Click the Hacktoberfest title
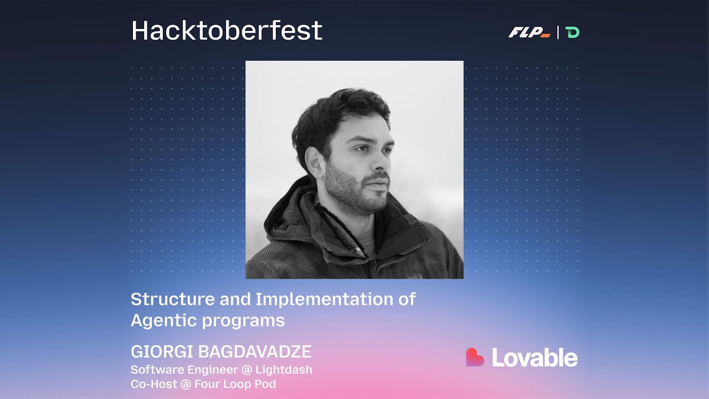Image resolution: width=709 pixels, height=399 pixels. pyautogui.click(x=227, y=31)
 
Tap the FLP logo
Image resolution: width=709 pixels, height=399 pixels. pyautogui.click(x=529, y=33)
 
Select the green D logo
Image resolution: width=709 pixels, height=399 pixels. pyautogui.click(x=573, y=33)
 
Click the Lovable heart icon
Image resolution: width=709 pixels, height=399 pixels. pyautogui.click(x=475, y=357)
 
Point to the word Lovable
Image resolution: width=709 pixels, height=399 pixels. pyautogui.click(x=535, y=358)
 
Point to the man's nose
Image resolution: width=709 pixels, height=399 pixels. pyautogui.click(x=382, y=163)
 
